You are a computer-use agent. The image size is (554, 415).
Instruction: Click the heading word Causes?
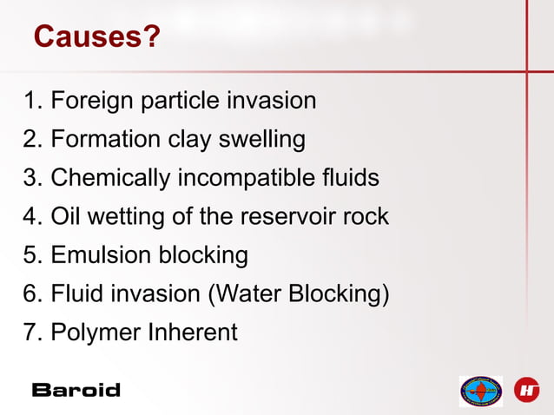(x=96, y=37)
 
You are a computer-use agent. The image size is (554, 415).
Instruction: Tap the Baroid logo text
(x=76, y=390)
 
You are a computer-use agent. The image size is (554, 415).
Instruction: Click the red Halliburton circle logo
(x=527, y=390)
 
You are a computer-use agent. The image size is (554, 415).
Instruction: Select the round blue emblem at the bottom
(x=481, y=391)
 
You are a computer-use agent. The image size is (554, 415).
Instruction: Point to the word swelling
(x=261, y=140)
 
